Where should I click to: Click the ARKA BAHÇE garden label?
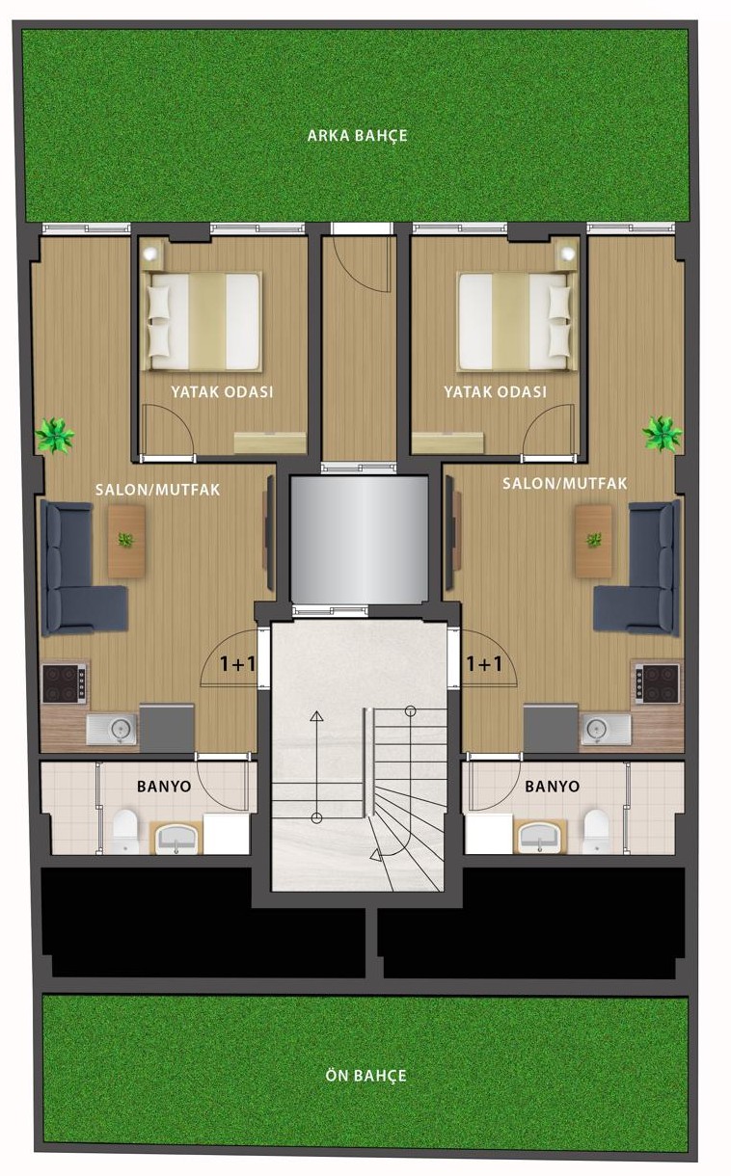coord(357,136)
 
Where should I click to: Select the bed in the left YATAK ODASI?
coord(204,321)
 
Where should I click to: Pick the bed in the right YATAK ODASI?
coord(515,321)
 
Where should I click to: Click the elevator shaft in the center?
coord(360,540)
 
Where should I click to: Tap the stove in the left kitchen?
coord(64,683)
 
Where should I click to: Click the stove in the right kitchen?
coord(658,683)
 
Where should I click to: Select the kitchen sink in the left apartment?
coord(112,730)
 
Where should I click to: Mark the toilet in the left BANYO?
coord(125,831)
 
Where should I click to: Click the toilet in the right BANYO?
coord(596,831)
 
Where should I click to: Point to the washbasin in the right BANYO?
coord(540,836)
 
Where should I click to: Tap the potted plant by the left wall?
coord(55,435)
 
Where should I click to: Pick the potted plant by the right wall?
coord(662,433)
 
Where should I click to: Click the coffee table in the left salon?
coord(126,542)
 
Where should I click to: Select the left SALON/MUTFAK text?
coord(157,490)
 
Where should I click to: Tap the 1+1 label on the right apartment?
coord(484,664)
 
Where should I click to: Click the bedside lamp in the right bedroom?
coord(567,254)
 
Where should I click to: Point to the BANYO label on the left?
coord(164,786)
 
